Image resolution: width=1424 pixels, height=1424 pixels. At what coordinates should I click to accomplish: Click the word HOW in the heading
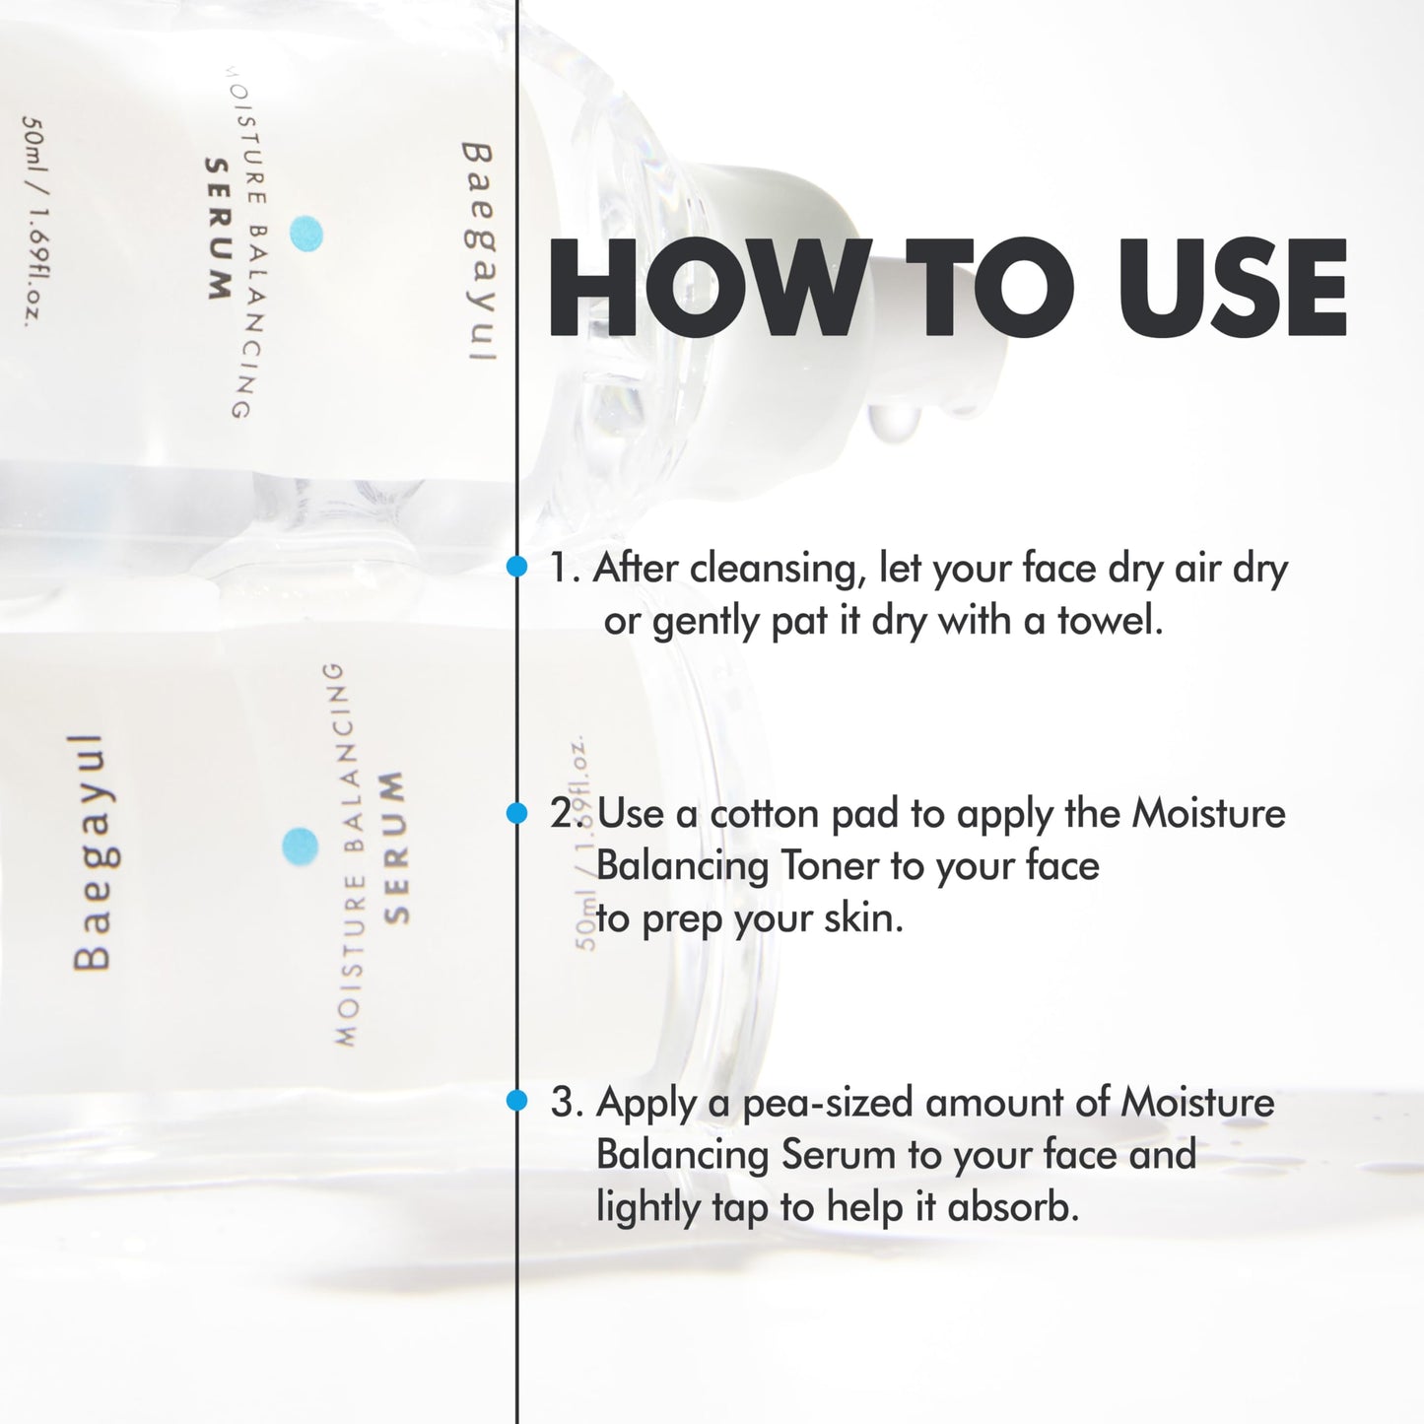705,288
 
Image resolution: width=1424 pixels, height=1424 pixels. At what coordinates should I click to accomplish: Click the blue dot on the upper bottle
305,234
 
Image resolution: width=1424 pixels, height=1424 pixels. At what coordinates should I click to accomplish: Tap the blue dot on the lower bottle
300,846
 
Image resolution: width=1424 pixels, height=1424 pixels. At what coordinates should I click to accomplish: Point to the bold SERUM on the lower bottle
395,848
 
